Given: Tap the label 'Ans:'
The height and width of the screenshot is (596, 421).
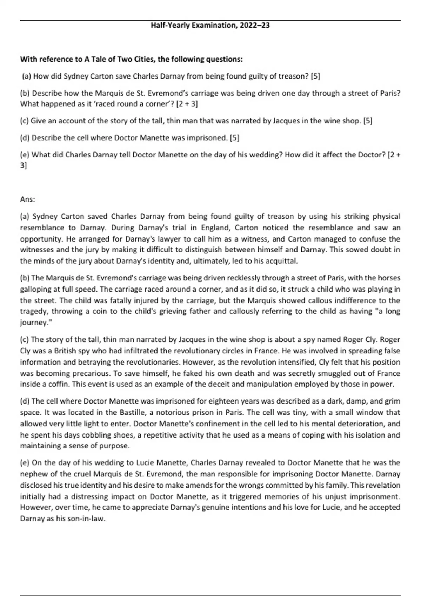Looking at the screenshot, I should pos(28,199).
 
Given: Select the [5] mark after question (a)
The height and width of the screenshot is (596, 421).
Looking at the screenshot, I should pos(315,76).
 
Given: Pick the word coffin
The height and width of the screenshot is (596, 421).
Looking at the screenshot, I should pos(58,384).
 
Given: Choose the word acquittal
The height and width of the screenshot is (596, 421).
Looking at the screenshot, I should pos(282,261).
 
